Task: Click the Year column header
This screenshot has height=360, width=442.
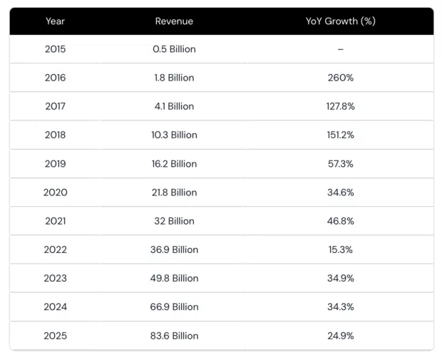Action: [x=55, y=21]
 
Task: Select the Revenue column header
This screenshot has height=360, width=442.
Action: [x=174, y=21]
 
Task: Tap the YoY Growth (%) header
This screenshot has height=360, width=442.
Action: [x=340, y=21]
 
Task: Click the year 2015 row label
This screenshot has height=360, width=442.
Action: [x=55, y=49]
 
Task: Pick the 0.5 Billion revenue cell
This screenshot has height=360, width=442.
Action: [x=174, y=49]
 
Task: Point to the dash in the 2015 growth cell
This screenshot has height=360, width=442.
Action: [x=340, y=49]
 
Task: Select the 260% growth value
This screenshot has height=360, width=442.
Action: [x=340, y=78]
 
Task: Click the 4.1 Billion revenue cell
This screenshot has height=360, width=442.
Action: [x=174, y=106]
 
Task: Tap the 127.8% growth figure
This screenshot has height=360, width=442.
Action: [x=340, y=106]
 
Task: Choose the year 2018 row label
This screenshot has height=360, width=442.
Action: [x=55, y=135]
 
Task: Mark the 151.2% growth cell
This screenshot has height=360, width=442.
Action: [x=340, y=135]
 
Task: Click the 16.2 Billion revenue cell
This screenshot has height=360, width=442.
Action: [x=174, y=164]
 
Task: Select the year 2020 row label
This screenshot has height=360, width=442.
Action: [x=55, y=192]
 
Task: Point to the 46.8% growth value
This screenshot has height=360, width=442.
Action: [x=340, y=221]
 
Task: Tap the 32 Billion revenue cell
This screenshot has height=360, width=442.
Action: [x=174, y=221]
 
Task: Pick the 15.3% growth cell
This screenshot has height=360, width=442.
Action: [x=340, y=250]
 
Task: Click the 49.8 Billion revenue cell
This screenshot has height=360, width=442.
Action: [x=174, y=278]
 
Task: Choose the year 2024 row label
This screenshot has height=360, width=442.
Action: [x=55, y=307]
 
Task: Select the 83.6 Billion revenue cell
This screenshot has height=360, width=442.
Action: [x=174, y=336]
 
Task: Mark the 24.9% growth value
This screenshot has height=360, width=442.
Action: [x=340, y=336]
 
